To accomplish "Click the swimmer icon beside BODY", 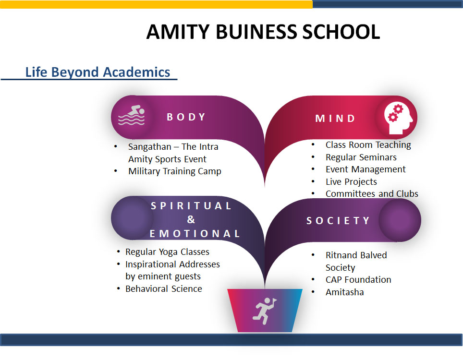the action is coord(132,115).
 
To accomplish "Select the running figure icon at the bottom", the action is coord(265,311).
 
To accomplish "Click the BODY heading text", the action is coord(186,117).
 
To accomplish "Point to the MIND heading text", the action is coord(335,119).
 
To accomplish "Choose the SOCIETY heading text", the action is coord(338,221).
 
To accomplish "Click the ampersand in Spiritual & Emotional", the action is coord(191,219).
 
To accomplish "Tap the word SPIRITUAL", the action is coord(191,206).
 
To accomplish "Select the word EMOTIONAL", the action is coord(195,234).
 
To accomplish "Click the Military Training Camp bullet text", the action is coord(175,171).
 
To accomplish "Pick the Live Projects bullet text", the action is coord(352,182).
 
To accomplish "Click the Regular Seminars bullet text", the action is coord(361,157).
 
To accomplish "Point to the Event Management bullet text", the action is coord(366,169).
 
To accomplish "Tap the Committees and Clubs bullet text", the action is coord(372,194).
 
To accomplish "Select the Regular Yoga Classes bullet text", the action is coord(168,252).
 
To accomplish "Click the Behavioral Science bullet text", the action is coord(164,289).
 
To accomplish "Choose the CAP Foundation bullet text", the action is coord(358,280).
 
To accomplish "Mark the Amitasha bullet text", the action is coord(344,292).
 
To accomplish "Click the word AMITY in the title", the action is coord(178,32).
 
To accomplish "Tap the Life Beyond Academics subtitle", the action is coord(97,72).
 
